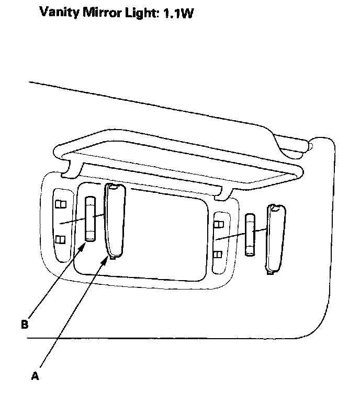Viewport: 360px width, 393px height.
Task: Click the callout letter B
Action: (24, 324)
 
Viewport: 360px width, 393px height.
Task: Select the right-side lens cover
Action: (274, 238)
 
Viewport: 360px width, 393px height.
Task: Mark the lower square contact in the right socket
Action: (218, 255)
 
